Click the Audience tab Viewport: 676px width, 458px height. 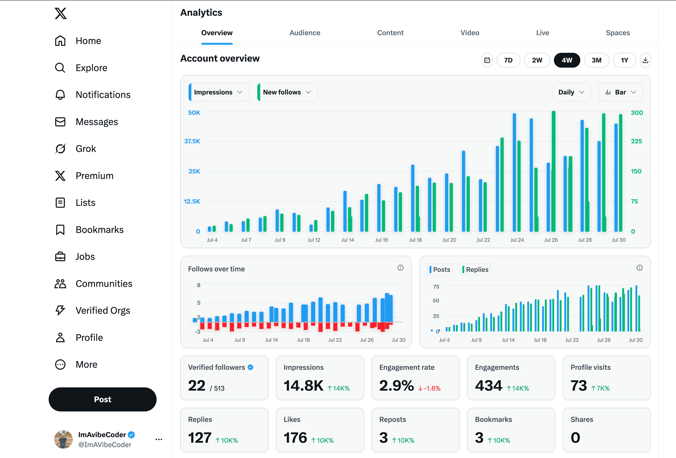[305, 33]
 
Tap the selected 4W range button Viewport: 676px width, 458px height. [566, 60]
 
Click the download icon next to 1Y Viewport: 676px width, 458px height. [645, 60]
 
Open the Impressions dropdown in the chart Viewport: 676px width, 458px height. [218, 92]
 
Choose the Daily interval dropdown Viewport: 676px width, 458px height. [571, 92]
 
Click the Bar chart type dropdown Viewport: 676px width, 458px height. [620, 92]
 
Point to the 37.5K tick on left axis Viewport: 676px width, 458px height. [192, 141]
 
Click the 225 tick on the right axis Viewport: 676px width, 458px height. [636, 141]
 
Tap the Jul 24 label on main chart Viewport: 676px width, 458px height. [517, 240]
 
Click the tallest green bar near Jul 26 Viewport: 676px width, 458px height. [553, 172]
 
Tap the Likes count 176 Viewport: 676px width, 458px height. [295, 438]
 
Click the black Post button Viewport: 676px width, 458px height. [102, 399]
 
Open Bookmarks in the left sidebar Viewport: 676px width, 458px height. [99, 230]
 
